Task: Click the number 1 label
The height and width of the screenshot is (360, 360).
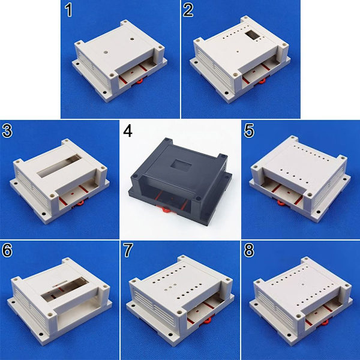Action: point(68,11)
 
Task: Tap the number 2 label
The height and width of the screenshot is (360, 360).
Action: point(188,11)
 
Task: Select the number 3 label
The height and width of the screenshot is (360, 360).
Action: point(7,131)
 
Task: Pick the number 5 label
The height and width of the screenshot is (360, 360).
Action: point(249,131)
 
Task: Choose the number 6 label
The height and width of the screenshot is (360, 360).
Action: point(7,250)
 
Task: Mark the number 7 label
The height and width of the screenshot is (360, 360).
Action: point(128,250)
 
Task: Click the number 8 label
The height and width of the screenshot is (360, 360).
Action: point(249,250)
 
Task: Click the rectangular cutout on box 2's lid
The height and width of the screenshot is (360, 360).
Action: point(252,35)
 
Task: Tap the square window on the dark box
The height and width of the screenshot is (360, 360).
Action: point(181,166)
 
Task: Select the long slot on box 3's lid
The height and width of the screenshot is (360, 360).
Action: point(59,166)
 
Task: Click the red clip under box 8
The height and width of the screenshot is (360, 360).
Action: point(325,323)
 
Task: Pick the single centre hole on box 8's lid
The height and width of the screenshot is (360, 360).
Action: point(304,284)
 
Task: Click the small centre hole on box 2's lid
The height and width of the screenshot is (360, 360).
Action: point(238,52)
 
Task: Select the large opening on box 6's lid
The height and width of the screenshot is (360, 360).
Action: point(65,289)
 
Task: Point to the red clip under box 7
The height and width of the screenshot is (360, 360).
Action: point(208,321)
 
